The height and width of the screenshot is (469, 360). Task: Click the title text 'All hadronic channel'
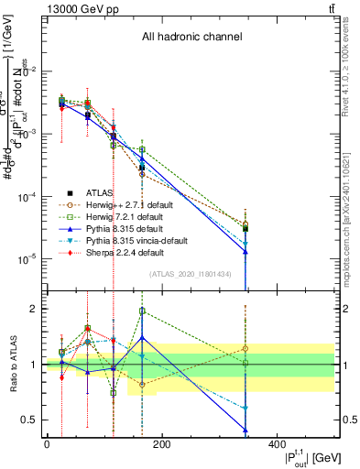pos(191,38)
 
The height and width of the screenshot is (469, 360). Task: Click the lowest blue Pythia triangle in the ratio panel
pos(245,430)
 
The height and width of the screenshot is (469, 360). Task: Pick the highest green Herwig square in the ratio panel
pos(142,311)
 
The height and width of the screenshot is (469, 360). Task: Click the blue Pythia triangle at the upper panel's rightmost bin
pos(245,252)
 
